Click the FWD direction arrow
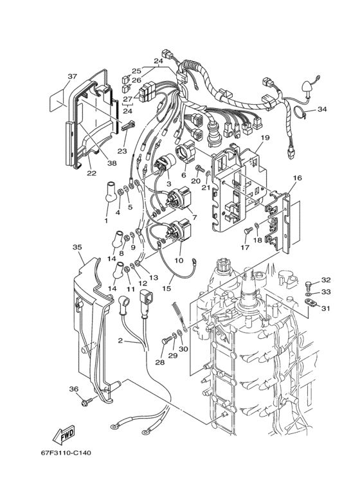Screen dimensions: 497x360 point(63,437)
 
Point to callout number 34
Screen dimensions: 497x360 point(339,109)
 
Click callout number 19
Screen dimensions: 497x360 point(264,138)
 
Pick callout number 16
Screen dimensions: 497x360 point(297,177)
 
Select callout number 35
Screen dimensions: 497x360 point(77,247)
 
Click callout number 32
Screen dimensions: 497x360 point(326,280)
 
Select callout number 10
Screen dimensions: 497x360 point(179,261)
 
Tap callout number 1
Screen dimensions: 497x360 point(106,221)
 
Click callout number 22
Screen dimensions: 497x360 point(91,173)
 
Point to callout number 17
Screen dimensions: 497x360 point(244,246)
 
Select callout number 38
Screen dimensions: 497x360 point(112,164)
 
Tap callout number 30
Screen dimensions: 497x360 point(183,349)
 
